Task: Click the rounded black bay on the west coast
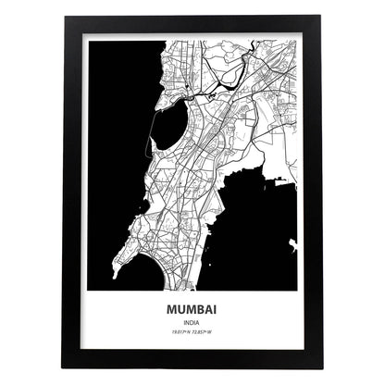click(x=168, y=125)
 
